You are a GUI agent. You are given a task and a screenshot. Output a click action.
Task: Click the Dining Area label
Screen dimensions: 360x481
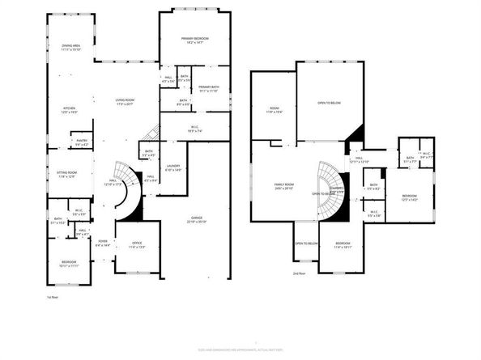click(70, 48)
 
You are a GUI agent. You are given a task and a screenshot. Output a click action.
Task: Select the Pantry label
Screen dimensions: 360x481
click(82, 142)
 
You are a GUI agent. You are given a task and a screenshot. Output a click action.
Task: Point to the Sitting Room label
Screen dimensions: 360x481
click(66, 174)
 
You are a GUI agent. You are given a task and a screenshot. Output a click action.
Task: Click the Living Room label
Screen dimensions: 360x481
click(124, 101)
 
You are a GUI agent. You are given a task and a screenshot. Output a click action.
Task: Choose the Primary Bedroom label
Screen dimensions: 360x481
click(195, 40)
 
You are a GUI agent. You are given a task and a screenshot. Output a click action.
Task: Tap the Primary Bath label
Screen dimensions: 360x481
click(209, 88)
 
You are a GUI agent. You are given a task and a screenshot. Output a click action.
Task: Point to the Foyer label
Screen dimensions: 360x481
click(103, 242)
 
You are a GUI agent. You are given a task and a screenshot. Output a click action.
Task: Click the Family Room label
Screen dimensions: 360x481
click(283, 187)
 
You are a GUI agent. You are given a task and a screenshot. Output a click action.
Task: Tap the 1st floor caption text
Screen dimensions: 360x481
click(52, 299)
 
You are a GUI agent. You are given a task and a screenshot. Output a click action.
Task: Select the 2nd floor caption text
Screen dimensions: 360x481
click(300, 273)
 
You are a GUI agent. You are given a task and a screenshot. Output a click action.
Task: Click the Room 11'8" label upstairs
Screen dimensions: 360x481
click(273, 110)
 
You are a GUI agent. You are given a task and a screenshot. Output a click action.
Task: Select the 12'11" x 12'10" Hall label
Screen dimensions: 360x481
click(359, 160)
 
